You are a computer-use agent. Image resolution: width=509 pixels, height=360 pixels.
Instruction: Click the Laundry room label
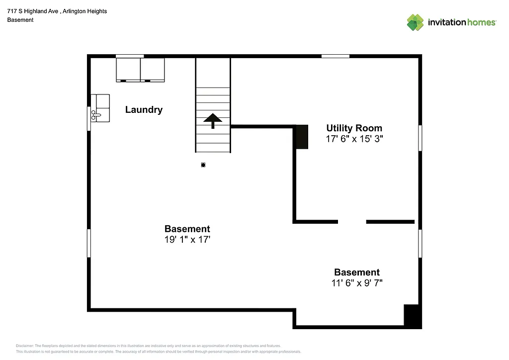144,110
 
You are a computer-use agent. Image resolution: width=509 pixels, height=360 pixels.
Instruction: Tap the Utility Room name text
354,128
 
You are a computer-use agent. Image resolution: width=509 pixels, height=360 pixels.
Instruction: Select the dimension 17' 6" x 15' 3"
354,139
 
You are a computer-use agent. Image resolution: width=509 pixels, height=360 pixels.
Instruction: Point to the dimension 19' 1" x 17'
187,240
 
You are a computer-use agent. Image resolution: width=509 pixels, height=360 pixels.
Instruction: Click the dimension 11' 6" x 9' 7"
356,283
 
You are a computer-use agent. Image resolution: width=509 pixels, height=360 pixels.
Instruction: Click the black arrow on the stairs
213,120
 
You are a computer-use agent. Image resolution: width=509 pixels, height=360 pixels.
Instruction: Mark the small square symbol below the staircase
203,165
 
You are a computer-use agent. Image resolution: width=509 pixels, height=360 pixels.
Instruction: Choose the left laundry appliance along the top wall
128,70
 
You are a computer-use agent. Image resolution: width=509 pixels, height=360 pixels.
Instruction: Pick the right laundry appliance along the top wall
153,70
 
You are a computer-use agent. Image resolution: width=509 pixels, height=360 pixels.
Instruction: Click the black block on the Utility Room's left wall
302,137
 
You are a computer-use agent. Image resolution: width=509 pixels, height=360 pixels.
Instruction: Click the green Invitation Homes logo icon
415,22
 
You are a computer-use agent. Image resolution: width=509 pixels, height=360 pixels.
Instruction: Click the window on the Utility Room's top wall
335,56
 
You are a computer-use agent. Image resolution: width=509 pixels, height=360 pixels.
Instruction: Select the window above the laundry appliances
130,56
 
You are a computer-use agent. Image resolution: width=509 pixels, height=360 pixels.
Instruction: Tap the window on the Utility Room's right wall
420,137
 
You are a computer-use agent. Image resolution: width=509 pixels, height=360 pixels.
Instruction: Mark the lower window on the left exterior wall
89,243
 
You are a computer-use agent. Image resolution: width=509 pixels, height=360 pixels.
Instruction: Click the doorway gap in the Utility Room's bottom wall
352,222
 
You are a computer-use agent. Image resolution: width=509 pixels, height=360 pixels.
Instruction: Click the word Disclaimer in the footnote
25,346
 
